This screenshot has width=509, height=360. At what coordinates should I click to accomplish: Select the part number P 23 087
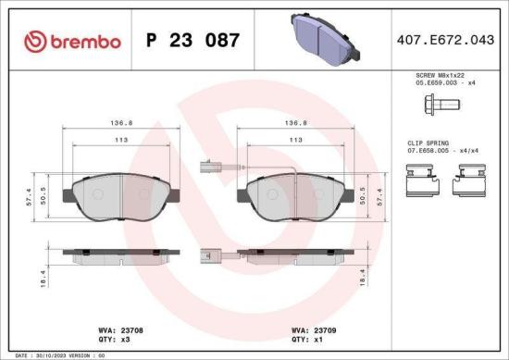(193, 41)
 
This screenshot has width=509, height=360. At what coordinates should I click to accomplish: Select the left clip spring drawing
(422, 180)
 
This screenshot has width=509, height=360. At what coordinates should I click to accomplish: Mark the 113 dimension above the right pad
(295, 140)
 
